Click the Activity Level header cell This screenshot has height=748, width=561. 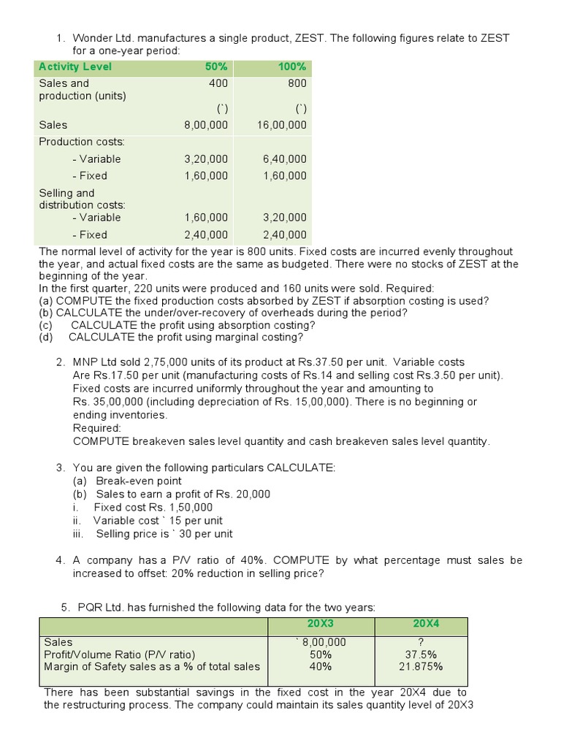point(75,66)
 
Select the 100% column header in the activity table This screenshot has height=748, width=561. point(292,66)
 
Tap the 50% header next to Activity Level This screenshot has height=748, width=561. point(216,66)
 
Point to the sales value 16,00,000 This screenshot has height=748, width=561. point(282,125)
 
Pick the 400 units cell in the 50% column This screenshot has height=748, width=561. point(218,83)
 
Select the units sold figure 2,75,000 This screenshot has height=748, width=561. point(173,362)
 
